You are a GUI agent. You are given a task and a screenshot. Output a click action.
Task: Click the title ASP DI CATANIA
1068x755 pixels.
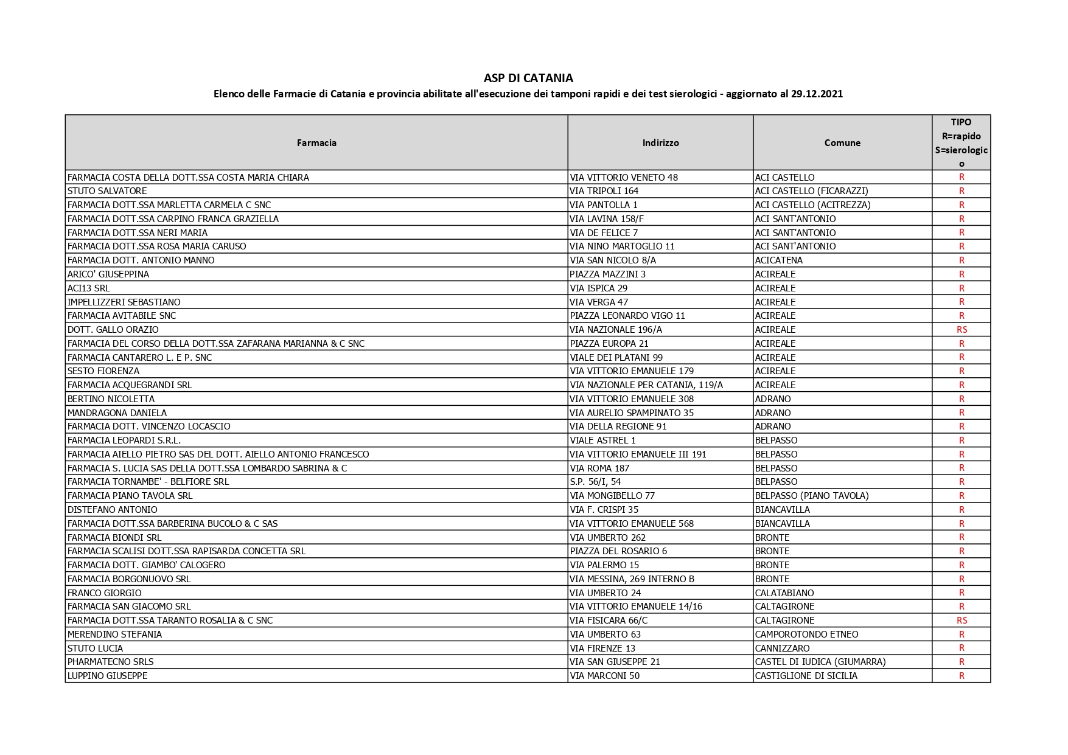coord(528,78)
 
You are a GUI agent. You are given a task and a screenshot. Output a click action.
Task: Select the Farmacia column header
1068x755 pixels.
coord(316,143)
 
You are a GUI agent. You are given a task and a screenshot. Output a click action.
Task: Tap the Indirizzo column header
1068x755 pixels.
coord(660,143)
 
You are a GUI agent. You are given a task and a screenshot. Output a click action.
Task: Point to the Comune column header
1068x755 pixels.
coord(842,143)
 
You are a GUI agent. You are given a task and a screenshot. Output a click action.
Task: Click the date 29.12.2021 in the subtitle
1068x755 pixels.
coord(817,94)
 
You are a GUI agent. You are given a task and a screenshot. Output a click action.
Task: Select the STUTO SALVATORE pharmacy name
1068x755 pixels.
coord(107,191)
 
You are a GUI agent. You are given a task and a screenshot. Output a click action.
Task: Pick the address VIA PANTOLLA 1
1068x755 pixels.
coord(604,205)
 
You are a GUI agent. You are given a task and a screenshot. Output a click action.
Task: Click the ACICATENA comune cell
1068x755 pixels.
coord(778,260)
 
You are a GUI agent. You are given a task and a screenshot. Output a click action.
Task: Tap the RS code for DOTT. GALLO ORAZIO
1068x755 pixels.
coord(962,330)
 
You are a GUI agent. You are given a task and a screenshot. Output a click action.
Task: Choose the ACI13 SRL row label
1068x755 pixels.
coord(89,288)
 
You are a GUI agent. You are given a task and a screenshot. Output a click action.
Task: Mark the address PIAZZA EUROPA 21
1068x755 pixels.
coord(609,344)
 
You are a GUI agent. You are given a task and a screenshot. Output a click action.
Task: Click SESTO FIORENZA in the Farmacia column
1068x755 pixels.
coord(103,371)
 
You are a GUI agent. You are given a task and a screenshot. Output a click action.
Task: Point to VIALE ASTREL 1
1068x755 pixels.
coord(602,440)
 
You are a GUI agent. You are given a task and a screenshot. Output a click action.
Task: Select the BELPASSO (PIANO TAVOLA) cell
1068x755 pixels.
coord(812,496)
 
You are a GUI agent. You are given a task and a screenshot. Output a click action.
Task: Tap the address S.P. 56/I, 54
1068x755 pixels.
coord(595,482)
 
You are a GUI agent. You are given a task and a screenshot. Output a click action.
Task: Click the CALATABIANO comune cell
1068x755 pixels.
coord(784,593)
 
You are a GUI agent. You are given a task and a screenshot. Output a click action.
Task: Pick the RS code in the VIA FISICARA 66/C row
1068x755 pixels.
coord(962,621)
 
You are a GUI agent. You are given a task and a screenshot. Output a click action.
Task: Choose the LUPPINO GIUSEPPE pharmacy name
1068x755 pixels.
coord(108,676)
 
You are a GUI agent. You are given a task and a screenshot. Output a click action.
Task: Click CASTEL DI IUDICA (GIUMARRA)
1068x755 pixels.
coord(820,662)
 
